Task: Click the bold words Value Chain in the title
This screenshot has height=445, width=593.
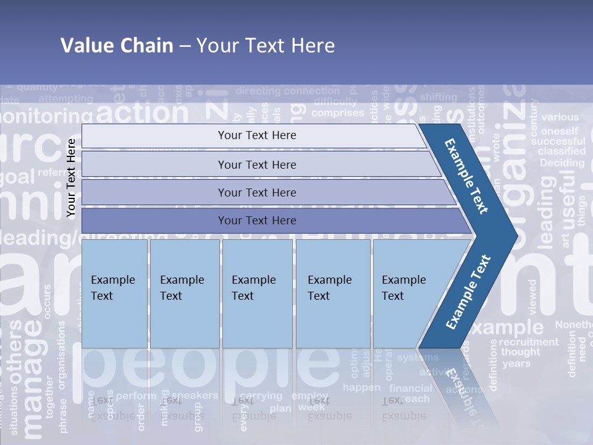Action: [117, 46]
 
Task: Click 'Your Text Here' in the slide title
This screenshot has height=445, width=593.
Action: [266, 46]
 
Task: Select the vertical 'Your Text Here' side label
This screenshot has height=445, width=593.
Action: [72, 178]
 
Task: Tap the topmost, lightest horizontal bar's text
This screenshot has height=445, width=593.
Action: [257, 135]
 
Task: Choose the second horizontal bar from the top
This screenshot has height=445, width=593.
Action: [257, 164]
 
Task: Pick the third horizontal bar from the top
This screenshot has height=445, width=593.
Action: [257, 192]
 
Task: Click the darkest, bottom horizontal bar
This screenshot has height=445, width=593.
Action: [257, 221]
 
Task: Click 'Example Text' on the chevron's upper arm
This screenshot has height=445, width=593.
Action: [467, 176]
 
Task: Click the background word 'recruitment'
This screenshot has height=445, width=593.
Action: [528, 342]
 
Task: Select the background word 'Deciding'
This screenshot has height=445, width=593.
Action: [561, 163]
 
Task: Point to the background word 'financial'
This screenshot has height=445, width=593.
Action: [411, 388]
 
